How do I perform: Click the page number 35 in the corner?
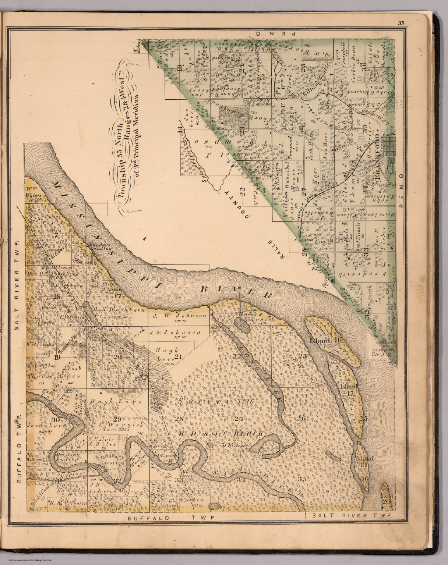point(401,23)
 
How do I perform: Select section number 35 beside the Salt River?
point(302,479)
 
